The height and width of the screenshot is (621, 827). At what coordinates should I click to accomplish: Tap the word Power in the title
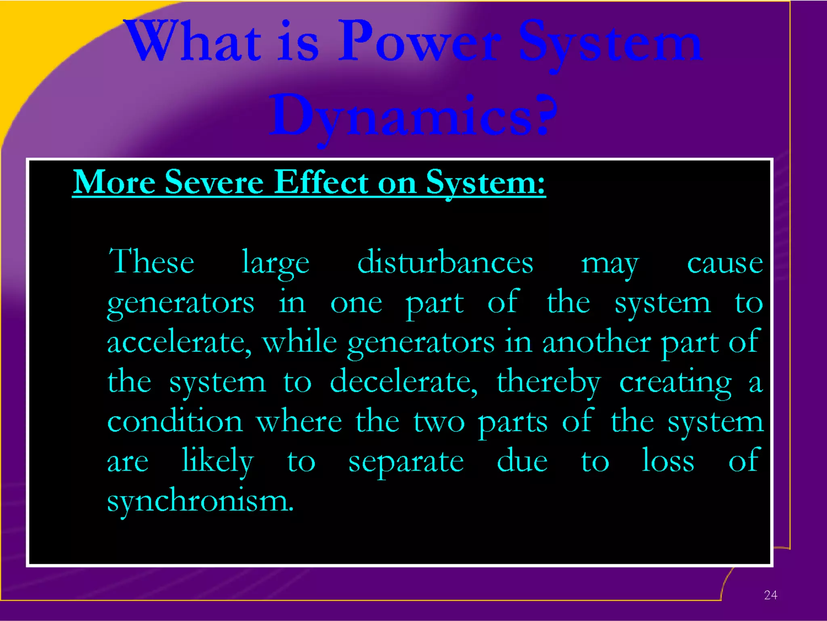[420, 42]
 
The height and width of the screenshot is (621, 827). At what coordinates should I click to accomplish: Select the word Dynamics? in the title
[413, 115]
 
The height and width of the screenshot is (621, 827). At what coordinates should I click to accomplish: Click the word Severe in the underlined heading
[214, 183]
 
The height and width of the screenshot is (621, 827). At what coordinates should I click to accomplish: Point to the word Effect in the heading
[321, 183]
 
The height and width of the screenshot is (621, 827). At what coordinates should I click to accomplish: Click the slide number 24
[770, 595]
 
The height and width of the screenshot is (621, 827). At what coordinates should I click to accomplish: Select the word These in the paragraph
[151, 262]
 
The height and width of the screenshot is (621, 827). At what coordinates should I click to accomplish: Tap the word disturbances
[445, 262]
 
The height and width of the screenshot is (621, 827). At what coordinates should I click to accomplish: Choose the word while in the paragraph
[299, 342]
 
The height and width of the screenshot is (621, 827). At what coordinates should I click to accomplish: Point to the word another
[596, 342]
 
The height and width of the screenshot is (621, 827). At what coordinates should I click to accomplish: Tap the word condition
[175, 422]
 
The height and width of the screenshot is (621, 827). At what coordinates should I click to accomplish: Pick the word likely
[217, 462]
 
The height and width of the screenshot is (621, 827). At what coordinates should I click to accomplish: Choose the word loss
[668, 461]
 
